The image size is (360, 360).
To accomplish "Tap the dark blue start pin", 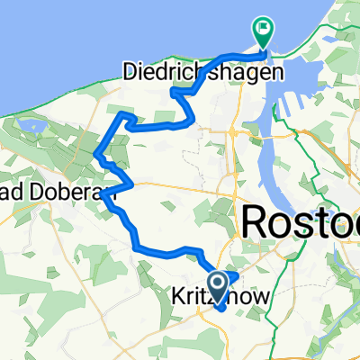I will coord(217,283).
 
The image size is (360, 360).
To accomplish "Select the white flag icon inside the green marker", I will coord(263,29).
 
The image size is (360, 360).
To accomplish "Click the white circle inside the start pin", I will coord(217,280).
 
